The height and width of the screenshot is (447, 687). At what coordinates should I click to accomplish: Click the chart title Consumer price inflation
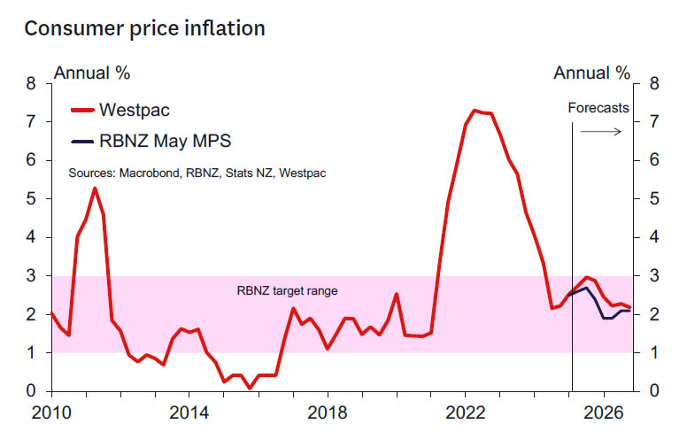144,28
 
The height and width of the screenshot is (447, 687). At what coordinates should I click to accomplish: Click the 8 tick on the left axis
34,84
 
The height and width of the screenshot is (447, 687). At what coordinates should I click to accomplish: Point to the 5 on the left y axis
34,199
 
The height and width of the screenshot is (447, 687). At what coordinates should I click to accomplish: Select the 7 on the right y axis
654,122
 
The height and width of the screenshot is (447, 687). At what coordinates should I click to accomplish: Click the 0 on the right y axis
654,391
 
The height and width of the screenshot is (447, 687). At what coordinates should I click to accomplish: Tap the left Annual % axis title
92,73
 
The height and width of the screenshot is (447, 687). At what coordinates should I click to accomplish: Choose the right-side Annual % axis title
592,73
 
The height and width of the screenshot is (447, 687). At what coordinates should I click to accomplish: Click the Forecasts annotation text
598,108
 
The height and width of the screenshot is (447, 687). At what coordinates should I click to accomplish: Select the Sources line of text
197,173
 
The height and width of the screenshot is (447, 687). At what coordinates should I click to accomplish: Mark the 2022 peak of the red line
475,111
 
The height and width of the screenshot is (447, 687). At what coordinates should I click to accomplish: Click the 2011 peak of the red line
95,188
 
